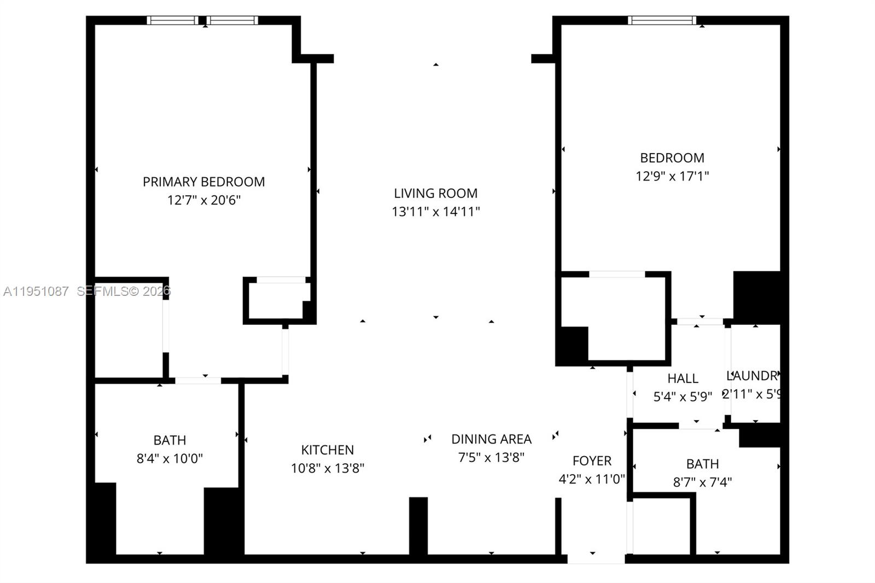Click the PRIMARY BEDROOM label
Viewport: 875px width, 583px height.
[x=203, y=182]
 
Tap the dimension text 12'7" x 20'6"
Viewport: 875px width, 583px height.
[x=203, y=200]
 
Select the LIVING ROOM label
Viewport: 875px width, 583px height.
[x=435, y=193]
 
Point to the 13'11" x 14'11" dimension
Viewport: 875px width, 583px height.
[x=435, y=212]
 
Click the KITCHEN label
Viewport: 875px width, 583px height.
[x=327, y=450]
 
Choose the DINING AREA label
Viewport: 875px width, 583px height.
[x=491, y=439]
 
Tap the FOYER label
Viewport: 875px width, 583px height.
[x=592, y=460]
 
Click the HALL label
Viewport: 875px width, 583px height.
[x=682, y=378]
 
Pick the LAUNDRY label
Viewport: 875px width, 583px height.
[x=752, y=376]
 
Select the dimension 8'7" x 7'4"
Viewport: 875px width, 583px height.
[x=702, y=482]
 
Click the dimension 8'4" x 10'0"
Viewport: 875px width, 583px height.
[x=170, y=458]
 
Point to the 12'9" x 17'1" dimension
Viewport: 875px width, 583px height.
[x=672, y=176]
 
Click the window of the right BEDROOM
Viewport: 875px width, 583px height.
[x=662, y=21]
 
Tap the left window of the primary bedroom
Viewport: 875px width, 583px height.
[x=172, y=21]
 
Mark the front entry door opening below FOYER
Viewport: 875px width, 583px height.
[x=596, y=558]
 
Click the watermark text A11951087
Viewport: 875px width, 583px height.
[x=36, y=291]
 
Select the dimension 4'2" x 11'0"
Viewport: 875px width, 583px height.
[x=592, y=479]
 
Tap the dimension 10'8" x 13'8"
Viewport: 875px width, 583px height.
[x=327, y=468]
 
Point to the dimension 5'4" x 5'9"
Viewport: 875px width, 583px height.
[x=682, y=397]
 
